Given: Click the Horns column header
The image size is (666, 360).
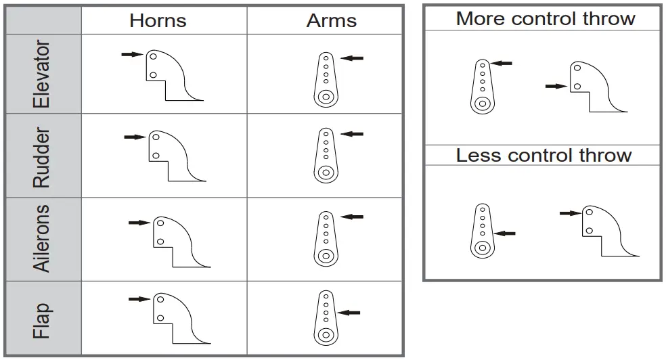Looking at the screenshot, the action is [158, 20].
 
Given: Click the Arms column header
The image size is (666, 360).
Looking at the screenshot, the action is [331, 20].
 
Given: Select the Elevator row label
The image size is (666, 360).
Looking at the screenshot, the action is [42, 74].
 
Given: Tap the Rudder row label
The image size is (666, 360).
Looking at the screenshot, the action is [42, 157].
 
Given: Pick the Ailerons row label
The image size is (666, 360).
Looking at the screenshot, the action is [42, 238].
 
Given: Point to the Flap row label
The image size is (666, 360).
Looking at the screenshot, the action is [42, 320].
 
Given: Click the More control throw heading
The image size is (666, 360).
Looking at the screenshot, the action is [546, 18].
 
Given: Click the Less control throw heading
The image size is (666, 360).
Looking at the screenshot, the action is [543, 155].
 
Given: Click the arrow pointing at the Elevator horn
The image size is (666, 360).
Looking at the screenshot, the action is [132, 54].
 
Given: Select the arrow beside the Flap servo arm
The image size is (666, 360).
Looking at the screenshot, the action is [349, 312].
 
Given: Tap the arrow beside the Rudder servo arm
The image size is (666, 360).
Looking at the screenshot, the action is [352, 134].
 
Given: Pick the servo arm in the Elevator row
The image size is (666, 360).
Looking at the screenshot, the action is [326, 80].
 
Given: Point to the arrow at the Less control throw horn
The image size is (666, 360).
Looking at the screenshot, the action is [571, 212].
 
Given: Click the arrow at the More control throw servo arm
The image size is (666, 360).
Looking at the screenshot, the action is [502, 63].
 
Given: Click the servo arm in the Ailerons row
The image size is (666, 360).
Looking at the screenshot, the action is [326, 238].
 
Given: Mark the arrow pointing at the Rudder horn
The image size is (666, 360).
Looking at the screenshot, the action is [135, 137].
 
